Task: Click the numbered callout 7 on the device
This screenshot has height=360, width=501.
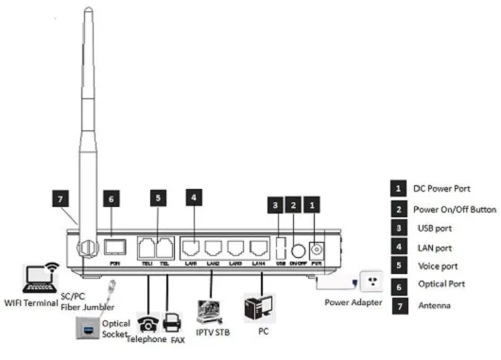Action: (61, 201)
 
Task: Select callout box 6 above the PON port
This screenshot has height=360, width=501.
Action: (112, 201)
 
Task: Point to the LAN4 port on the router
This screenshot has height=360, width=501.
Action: (256, 249)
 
